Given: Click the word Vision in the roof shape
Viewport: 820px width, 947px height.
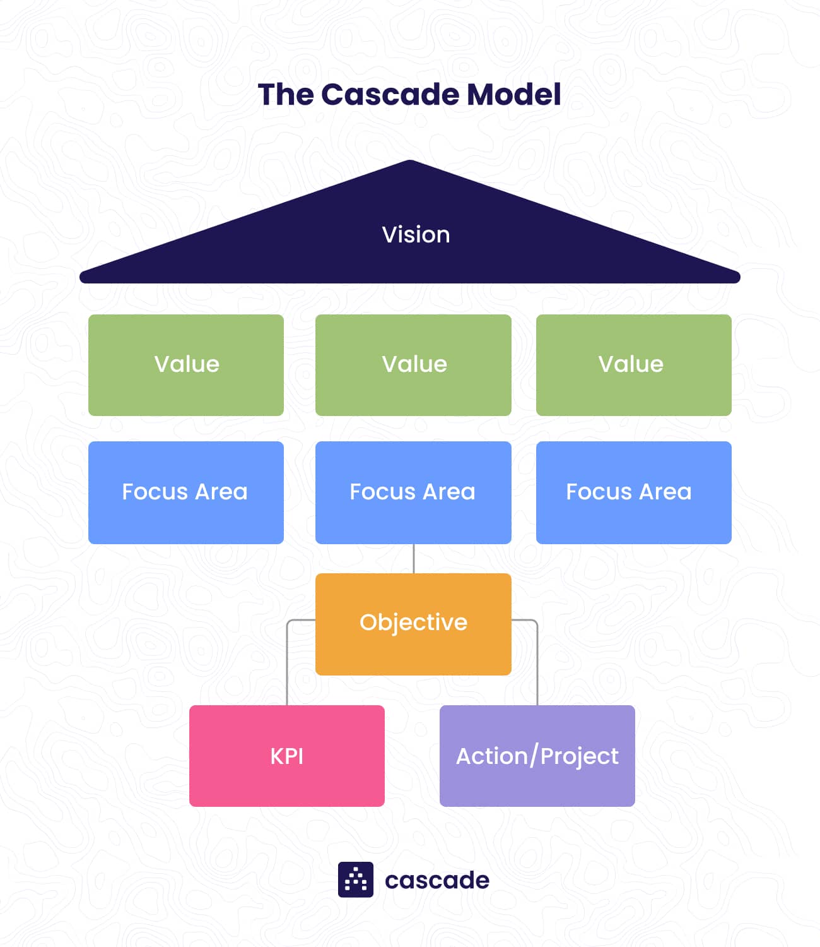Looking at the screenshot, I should (416, 235).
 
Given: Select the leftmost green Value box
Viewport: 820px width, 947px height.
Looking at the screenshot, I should (186, 365).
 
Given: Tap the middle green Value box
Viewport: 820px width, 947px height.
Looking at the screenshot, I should (413, 365).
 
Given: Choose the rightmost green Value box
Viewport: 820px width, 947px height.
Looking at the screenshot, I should (633, 365).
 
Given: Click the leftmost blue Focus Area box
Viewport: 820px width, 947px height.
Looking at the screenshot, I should (186, 492).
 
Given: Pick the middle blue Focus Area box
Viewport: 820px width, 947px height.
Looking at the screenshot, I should (413, 492).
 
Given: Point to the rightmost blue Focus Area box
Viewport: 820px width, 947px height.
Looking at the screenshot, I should (633, 492).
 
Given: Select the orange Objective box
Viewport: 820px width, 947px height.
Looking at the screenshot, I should (413, 624).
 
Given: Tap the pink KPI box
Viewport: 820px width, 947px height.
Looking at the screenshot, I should (287, 756).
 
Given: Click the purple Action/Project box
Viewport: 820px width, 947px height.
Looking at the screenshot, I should (537, 756).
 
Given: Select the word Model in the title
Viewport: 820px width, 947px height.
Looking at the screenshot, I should (513, 95).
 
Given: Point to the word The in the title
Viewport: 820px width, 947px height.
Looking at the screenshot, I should (286, 95).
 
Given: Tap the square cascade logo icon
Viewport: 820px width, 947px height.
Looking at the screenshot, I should (356, 879).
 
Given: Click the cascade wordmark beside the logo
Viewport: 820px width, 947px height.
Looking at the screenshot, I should (437, 880).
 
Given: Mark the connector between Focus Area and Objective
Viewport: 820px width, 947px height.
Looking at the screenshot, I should (414, 559).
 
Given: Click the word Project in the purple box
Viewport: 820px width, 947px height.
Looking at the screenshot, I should (580, 756).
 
